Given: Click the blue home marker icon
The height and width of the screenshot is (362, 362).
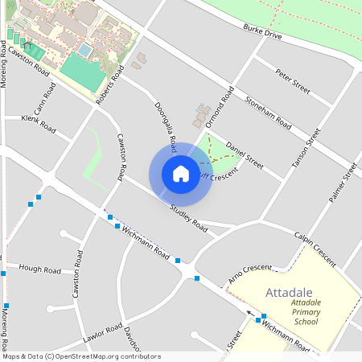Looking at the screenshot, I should [x=180, y=173].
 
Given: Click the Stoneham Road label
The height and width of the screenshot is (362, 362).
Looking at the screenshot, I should [x=268, y=113].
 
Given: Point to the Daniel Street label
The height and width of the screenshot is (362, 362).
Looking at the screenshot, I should [x=245, y=154].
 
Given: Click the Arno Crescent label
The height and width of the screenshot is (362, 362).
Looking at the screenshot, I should [x=250, y=274].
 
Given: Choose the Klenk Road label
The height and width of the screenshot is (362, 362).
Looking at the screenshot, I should [x=39, y=125].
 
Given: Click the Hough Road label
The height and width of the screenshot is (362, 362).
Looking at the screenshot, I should [x=40, y=269].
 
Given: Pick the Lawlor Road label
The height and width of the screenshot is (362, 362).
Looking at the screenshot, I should [x=101, y=332].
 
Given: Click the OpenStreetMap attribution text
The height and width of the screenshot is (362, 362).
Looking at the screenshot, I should [x=80, y=356].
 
